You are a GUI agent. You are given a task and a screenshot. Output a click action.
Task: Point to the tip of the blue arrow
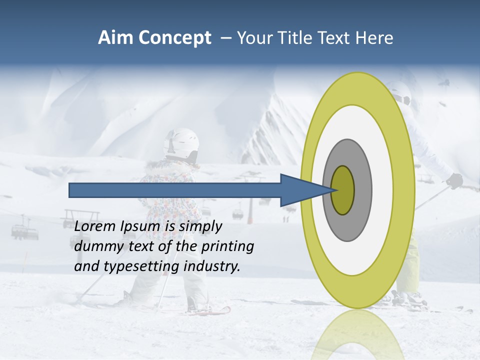point(334,190)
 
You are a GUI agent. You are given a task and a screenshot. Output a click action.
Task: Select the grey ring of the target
point(362,190)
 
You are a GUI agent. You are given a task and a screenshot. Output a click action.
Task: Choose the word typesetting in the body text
point(142,266)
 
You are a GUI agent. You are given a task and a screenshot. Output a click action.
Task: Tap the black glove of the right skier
point(454,180)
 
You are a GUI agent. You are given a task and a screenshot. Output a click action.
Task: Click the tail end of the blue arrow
point(72,190)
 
